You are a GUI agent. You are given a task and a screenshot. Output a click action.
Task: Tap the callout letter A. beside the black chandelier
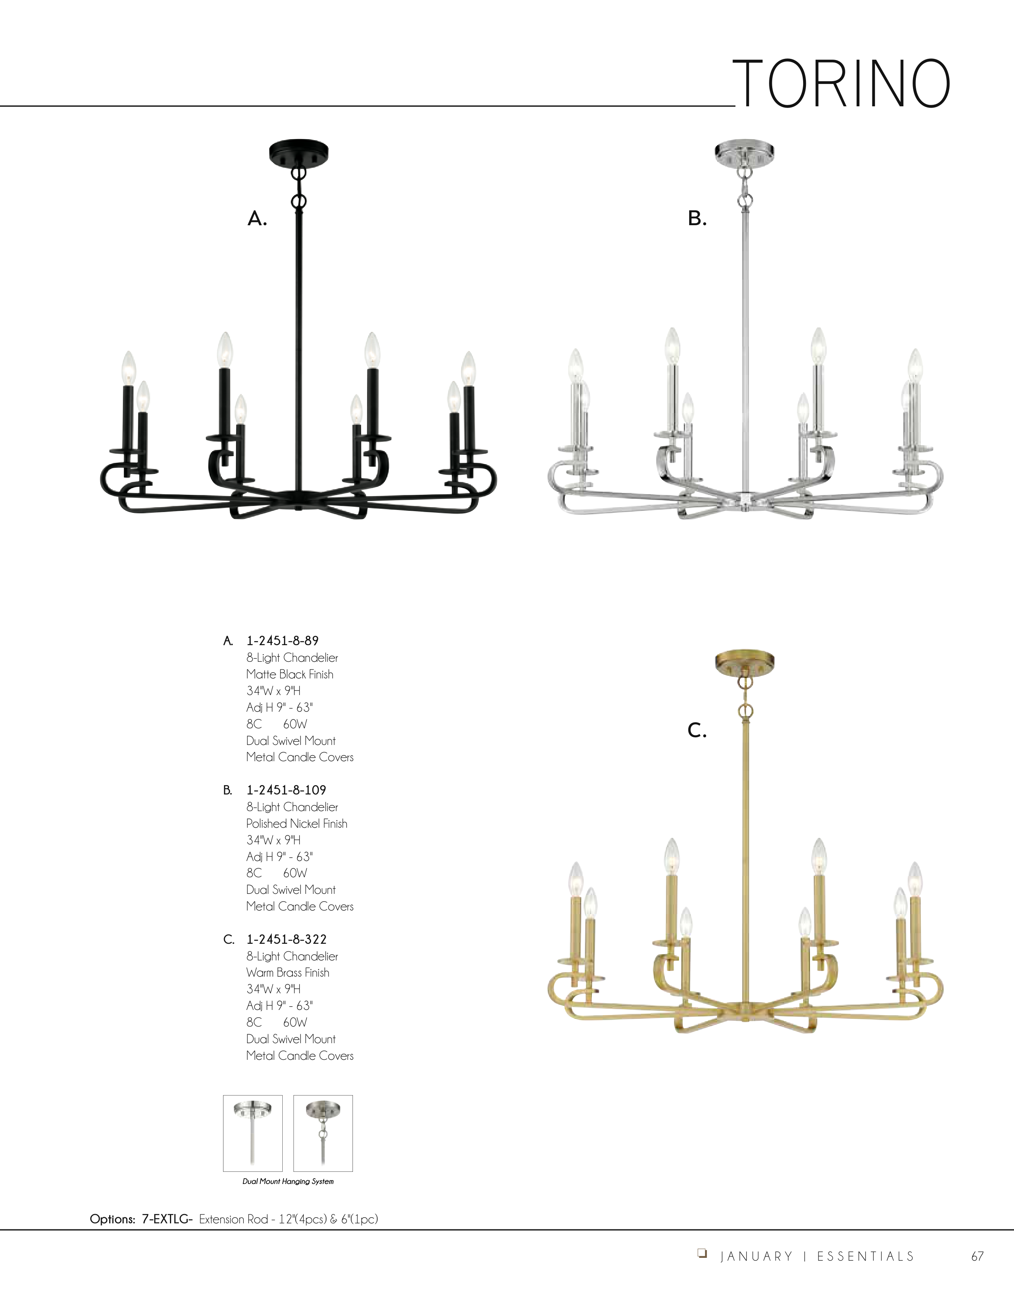tap(257, 219)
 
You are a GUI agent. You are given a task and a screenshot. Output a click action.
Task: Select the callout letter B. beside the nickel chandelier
tap(697, 219)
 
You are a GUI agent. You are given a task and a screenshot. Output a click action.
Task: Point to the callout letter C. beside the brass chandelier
tap(697, 730)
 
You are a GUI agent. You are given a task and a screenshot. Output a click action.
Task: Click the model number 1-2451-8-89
tap(283, 641)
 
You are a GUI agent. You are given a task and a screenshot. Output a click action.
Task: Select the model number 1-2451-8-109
tap(286, 790)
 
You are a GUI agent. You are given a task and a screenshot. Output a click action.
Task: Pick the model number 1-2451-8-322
tap(287, 939)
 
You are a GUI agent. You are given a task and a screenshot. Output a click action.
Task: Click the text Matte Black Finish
tap(290, 674)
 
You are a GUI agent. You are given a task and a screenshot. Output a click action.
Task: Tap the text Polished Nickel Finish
tap(297, 823)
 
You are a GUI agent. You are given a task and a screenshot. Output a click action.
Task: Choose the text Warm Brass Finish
tap(288, 972)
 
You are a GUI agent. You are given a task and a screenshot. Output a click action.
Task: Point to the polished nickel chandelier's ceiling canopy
tap(744, 152)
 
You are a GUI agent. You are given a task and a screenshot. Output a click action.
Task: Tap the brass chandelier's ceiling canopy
tap(744, 663)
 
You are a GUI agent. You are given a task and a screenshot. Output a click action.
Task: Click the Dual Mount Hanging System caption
tap(288, 1181)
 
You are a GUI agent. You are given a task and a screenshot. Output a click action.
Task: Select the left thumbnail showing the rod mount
tap(252, 1133)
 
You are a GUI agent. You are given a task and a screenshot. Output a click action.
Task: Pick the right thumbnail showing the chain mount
tap(323, 1133)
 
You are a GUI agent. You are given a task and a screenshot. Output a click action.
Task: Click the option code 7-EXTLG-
tap(167, 1219)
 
